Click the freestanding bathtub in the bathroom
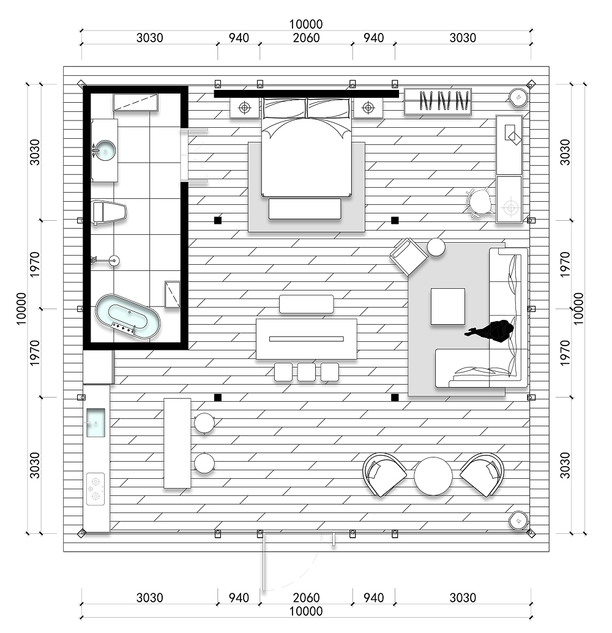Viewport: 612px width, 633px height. pyautogui.click(x=128, y=317)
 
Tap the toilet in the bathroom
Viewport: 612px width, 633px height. pyautogui.click(x=109, y=212)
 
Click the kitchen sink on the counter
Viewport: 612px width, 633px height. pyautogui.click(x=95, y=423)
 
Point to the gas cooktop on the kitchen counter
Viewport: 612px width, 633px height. pyautogui.click(x=95, y=489)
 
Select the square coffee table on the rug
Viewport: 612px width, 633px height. pyautogui.click(x=447, y=306)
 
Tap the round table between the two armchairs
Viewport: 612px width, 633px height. pyautogui.click(x=433, y=476)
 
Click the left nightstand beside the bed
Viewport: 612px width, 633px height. pyautogui.click(x=244, y=108)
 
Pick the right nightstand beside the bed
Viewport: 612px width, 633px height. pyautogui.click(x=368, y=108)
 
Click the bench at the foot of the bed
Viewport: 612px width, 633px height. pyautogui.click(x=305, y=209)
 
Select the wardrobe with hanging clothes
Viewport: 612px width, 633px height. pyautogui.click(x=438, y=102)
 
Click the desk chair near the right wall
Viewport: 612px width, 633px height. pyautogui.click(x=479, y=202)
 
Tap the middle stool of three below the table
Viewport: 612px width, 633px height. pyautogui.click(x=307, y=372)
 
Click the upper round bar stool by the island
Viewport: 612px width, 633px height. pyautogui.click(x=204, y=423)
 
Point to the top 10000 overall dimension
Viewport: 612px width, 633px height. pyautogui.click(x=306, y=24)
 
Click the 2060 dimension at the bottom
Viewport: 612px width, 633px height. pyautogui.click(x=306, y=598)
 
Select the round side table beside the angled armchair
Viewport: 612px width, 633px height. pyautogui.click(x=436, y=247)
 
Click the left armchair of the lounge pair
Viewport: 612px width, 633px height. pyautogui.click(x=384, y=475)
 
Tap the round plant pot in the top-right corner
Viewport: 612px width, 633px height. pyautogui.click(x=518, y=97)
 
